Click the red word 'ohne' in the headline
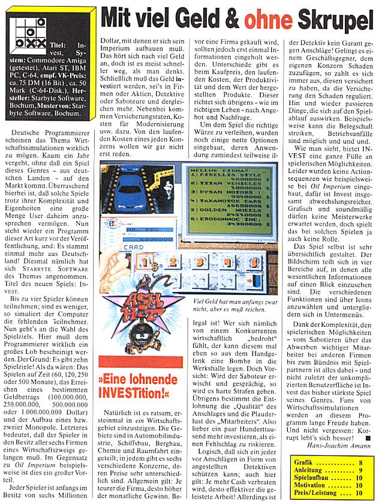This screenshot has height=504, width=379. tap(262, 20)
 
